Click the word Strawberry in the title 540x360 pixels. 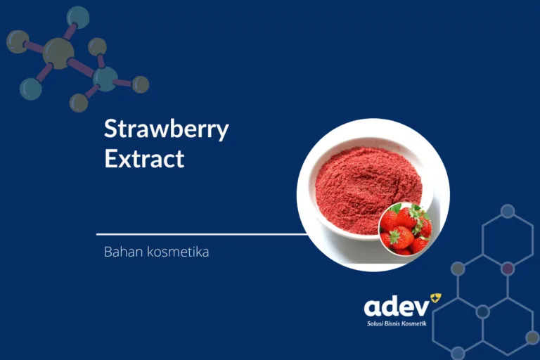pos(167,130)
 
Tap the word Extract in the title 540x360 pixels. pos(144,159)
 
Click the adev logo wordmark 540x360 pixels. pos(396,306)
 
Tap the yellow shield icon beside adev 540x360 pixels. pos(436,299)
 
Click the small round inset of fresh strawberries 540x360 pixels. pos(405,229)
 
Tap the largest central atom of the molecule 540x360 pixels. pos(58,53)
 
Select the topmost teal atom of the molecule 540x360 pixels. pos(78,17)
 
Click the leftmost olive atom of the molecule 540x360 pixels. pos(18,41)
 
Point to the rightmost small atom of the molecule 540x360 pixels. pos(141,84)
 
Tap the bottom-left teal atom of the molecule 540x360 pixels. pos(30,89)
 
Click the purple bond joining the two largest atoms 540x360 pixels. pos(82,66)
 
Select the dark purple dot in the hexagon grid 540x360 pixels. pos(508,268)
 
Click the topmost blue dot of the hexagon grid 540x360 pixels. pos(508,210)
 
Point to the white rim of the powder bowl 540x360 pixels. pos(309,211)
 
